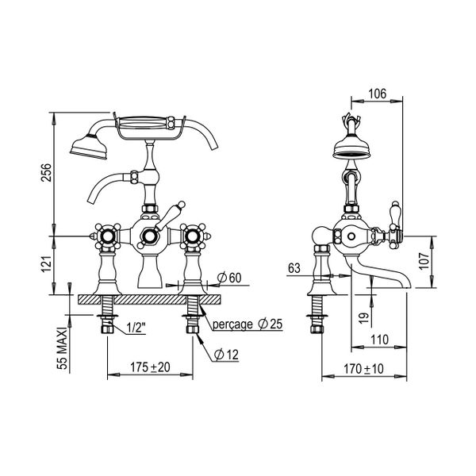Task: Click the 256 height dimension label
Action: tap(47, 172)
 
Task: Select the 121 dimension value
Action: tap(47, 264)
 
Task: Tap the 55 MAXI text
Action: tap(63, 348)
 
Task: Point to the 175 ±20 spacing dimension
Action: tap(150, 367)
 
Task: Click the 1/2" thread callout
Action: tap(136, 328)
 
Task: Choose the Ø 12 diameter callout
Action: tap(226, 355)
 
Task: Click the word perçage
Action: tap(232, 324)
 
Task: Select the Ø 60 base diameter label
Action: tap(229, 278)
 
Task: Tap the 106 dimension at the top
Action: tap(378, 94)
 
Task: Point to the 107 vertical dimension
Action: tap(424, 261)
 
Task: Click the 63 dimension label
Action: tap(294, 268)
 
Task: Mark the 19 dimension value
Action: tap(365, 318)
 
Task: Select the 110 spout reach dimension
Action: tap(379, 340)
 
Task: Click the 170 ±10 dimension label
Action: tap(363, 369)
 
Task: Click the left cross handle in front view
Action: tap(107, 236)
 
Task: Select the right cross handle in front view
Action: tap(194, 236)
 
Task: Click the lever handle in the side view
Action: tap(394, 222)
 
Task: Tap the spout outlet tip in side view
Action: tap(407, 286)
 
